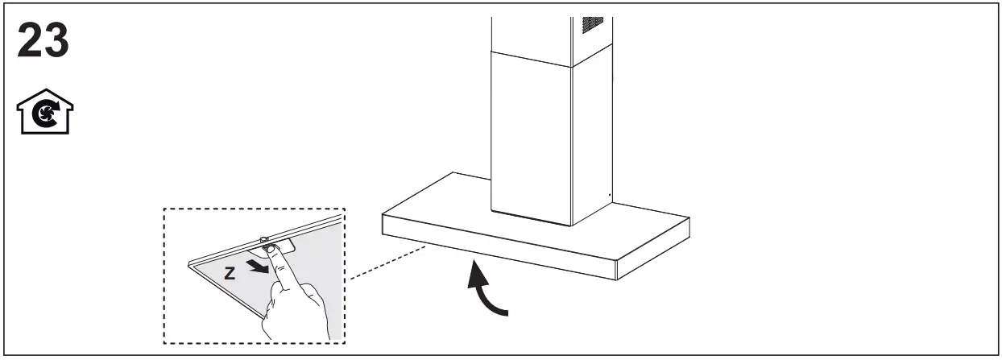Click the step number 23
pyautogui.click(x=43, y=41)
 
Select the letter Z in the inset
pyautogui.click(x=230, y=274)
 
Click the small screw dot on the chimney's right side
pyautogui.click(x=609, y=194)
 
